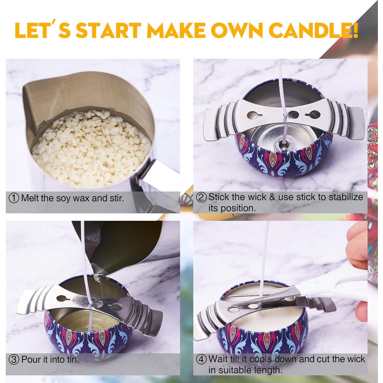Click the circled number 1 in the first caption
coord(14,198)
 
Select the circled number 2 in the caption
coord(201,197)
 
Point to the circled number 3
coord(14,360)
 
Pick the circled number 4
coord(201,359)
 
